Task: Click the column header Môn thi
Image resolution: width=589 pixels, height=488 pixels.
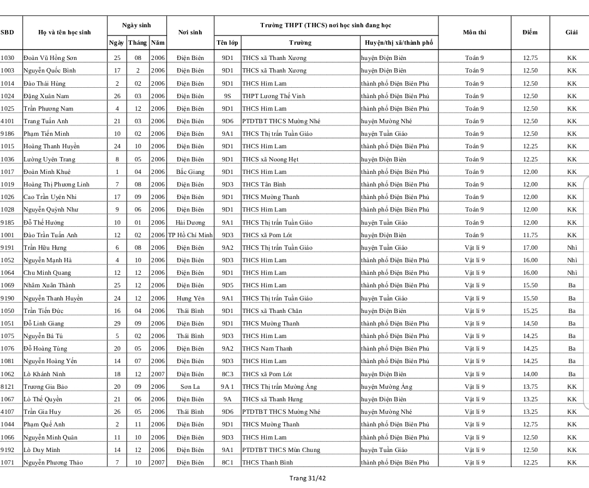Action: click(474, 32)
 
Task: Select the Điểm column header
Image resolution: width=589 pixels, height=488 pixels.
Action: click(530, 32)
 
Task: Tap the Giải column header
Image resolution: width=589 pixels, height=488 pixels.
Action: click(572, 32)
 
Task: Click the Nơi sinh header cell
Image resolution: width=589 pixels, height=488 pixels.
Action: click(190, 32)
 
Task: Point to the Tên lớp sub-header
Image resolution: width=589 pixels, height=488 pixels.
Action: click(227, 43)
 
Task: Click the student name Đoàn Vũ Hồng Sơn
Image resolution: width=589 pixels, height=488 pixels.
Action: click(50, 58)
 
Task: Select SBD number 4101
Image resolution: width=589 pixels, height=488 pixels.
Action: click(8, 121)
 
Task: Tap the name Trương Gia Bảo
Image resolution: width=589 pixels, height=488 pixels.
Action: click(46, 387)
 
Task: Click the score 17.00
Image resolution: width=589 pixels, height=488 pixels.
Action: click(530, 248)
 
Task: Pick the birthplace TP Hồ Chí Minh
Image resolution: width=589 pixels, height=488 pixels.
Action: click(190, 235)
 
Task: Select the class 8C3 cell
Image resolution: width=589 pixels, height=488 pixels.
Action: click(227, 374)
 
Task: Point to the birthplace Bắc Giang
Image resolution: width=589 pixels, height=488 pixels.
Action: click(190, 172)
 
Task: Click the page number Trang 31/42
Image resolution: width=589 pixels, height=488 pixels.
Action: click(308, 478)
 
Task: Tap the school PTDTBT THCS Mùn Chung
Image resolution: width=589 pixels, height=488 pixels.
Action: click(281, 450)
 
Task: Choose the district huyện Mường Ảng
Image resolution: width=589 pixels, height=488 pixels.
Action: click(387, 387)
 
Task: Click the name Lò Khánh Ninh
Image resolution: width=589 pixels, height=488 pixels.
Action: click(44, 374)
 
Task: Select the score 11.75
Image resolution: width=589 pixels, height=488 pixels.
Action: click(530, 235)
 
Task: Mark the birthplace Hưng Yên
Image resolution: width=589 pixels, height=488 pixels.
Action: click(190, 298)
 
